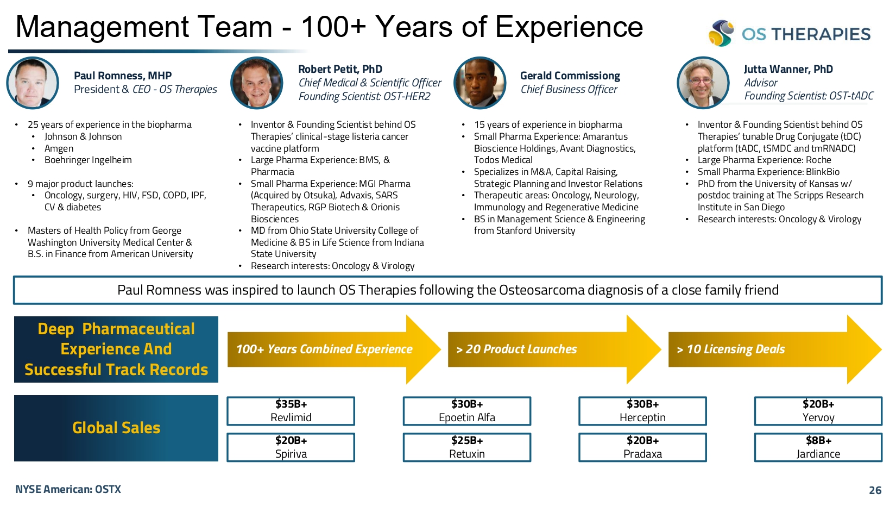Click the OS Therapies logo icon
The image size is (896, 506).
pyautogui.click(x=721, y=33)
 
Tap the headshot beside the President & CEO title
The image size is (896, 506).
pyautogui.click(x=33, y=83)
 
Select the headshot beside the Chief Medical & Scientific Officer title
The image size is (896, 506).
pyautogui.click(x=257, y=83)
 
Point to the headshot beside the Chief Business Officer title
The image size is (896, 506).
pyautogui.click(x=480, y=83)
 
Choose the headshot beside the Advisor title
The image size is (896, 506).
pyautogui.click(x=703, y=83)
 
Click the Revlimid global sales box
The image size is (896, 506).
pyautogui.click(x=291, y=411)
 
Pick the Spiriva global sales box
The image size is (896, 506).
pyautogui.click(x=291, y=447)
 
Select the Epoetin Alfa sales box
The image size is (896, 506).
pyautogui.click(x=467, y=411)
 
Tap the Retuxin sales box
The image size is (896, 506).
pyautogui.click(x=467, y=447)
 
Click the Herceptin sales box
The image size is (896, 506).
pyautogui.click(x=642, y=411)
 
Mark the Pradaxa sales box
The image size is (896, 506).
pyautogui.click(x=642, y=447)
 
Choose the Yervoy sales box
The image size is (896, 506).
pyautogui.click(x=818, y=411)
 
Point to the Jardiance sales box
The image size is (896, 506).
pyautogui.click(x=818, y=447)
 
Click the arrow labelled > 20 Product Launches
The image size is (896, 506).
pyautogui.click(x=554, y=349)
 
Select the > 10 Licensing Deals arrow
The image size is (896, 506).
pyautogui.click(x=775, y=349)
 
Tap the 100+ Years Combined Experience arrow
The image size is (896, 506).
pyautogui.click(x=334, y=349)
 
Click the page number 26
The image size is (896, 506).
pyautogui.click(x=875, y=490)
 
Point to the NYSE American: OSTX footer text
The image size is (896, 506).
pyautogui.click(x=68, y=489)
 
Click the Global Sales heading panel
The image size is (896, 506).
pyautogui.click(x=116, y=428)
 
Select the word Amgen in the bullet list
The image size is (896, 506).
pyautogui.click(x=59, y=148)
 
